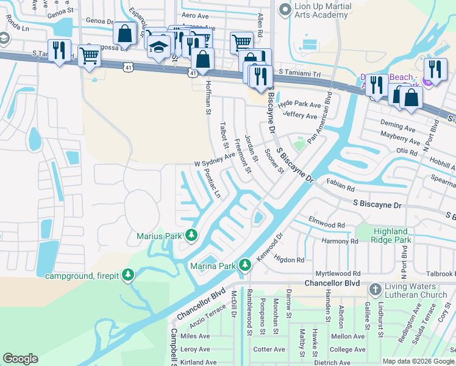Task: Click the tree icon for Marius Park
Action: [x=191, y=235]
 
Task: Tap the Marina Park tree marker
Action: [x=245, y=265]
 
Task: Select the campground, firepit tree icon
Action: [x=127, y=275]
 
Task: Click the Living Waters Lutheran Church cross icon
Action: [x=375, y=288]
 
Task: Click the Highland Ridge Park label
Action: [x=390, y=236]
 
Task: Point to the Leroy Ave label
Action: [x=195, y=350]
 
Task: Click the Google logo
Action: [x=20, y=359]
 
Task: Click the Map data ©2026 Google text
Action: [x=418, y=361]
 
